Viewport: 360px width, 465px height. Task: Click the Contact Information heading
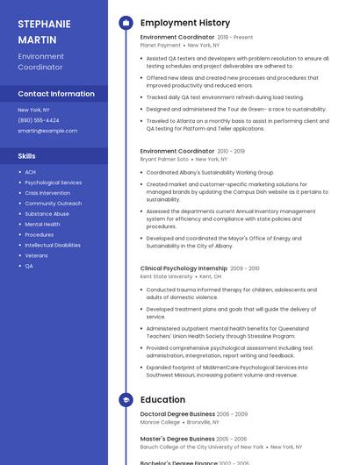tap(56, 94)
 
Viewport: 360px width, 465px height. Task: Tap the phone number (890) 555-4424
tap(39, 120)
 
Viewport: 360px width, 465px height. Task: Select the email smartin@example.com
tap(47, 131)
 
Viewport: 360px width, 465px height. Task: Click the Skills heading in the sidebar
tap(26, 156)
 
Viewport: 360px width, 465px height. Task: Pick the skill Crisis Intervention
tap(47, 193)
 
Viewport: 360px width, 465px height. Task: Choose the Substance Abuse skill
tap(47, 214)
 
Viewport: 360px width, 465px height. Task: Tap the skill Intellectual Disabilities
tap(53, 246)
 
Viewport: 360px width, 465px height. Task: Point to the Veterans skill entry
tap(37, 256)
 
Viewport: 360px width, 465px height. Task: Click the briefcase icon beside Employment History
tap(126, 23)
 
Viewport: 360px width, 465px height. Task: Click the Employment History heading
tap(185, 23)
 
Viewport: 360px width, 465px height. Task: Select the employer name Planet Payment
tap(161, 45)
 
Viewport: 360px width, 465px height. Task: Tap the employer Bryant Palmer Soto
tap(164, 160)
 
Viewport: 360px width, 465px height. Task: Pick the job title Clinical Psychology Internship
tap(184, 268)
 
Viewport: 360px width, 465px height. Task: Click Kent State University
tap(166, 276)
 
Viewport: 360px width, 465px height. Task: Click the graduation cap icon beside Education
tap(126, 400)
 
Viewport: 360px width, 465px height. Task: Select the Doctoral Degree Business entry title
tap(177, 413)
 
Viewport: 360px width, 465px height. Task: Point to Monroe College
tap(160, 422)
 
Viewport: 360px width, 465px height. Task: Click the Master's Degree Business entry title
tap(177, 439)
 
